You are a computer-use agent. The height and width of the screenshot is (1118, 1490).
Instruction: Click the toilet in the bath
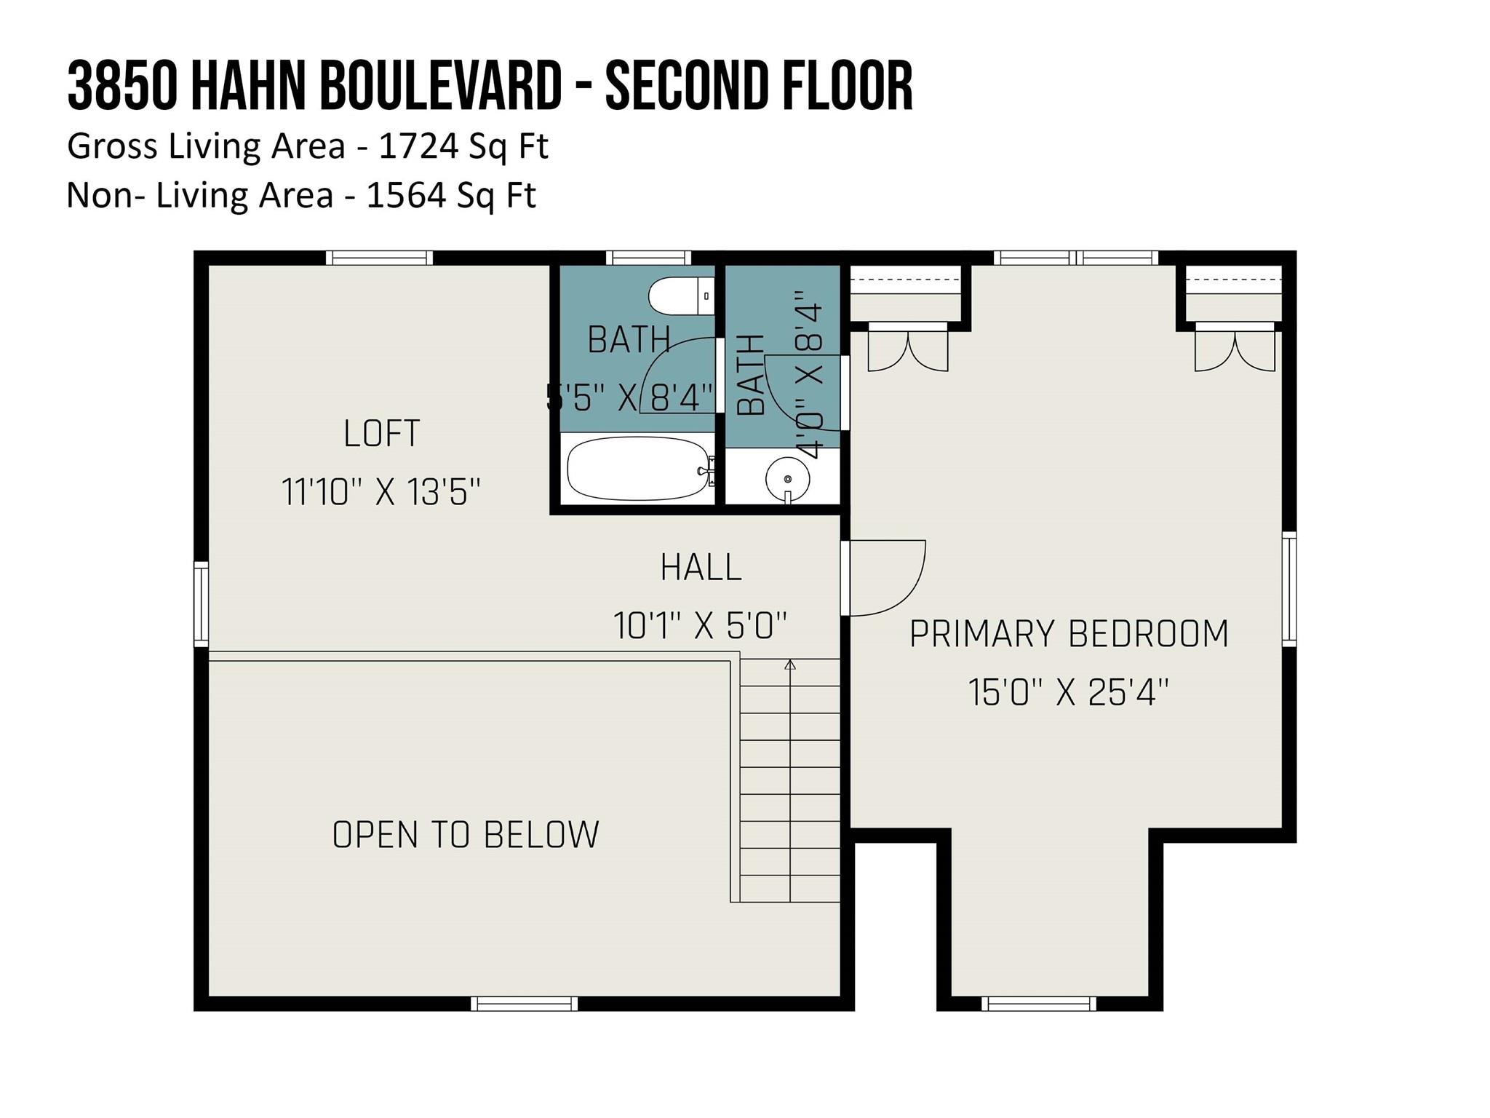pos(682,296)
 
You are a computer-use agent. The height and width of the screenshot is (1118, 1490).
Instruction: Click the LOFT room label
pos(382,434)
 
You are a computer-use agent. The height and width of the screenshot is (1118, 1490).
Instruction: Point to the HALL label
pos(701,567)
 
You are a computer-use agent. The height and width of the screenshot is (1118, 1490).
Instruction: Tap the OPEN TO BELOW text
pos(466,835)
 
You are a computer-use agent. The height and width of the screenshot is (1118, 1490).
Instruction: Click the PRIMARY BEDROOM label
pos(1069,633)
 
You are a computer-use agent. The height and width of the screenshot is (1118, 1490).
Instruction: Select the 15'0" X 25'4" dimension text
pos(1068,692)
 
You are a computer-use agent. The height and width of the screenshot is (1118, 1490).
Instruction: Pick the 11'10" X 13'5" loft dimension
pos(381,492)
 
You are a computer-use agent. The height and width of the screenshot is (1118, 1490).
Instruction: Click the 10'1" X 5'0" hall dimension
pos(700,626)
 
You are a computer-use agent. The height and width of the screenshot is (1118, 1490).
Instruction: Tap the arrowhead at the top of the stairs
pos(790,664)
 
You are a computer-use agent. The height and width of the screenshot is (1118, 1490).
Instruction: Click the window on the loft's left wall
pos(201,603)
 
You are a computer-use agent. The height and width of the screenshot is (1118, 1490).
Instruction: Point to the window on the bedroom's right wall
pos(1288,589)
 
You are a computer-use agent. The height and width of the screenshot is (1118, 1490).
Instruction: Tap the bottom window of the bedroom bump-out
pos(1038,1004)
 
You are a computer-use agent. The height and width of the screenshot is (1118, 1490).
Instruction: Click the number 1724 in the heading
pos(418,146)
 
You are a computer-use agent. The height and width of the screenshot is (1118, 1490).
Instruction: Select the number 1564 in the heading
pos(406,195)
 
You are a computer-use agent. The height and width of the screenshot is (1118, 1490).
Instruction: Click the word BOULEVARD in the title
pos(439,86)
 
